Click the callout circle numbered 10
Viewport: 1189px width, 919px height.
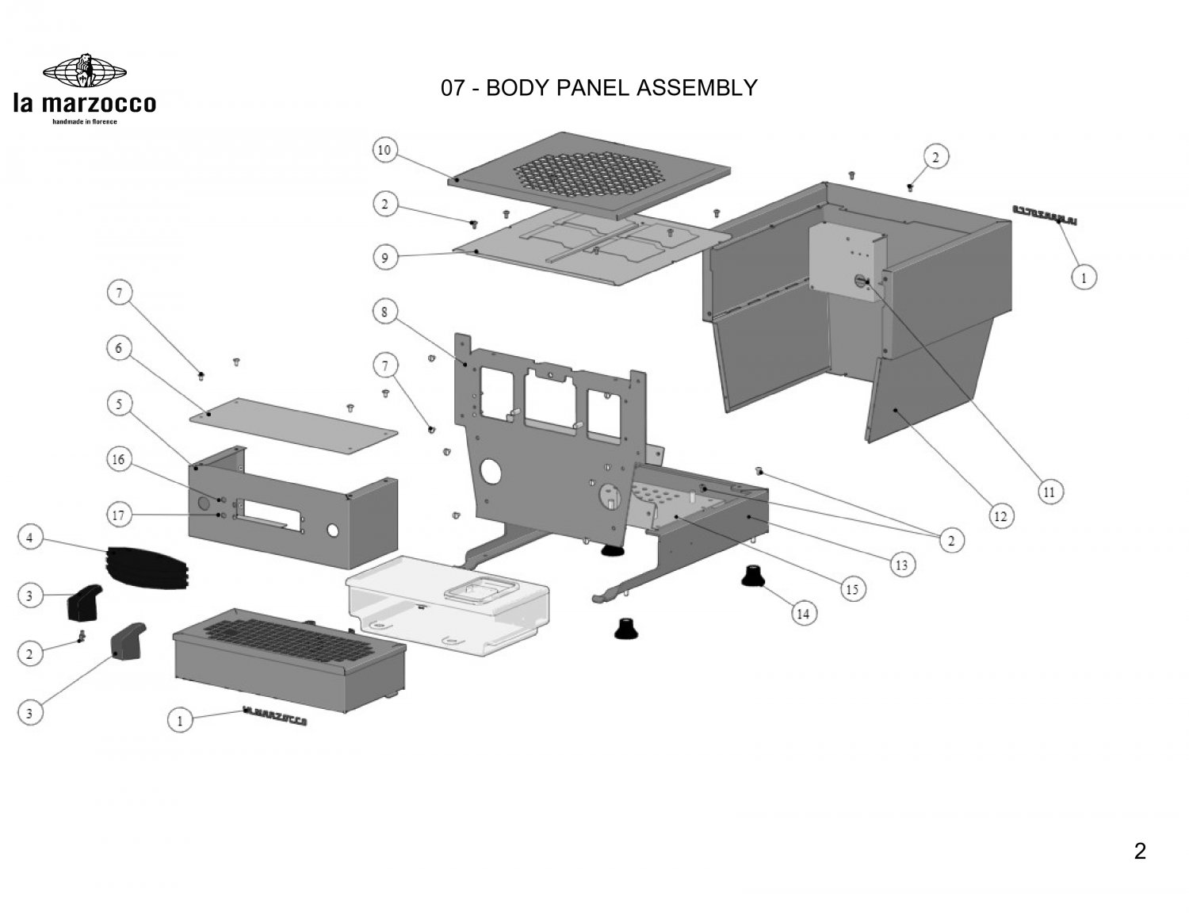(x=384, y=150)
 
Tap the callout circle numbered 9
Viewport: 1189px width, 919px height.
(x=384, y=258)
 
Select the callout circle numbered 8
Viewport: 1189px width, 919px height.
(x=384, y=312)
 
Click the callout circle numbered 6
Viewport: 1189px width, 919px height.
(x=119, y=348)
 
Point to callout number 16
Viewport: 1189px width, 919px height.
(x=119, y=461)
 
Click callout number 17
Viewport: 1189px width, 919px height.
(x=119, y=516)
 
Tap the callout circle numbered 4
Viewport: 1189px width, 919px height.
(x=29, y=538)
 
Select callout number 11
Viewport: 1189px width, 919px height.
(x=1049, y=492)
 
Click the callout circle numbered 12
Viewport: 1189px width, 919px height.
(x=1000, y=517)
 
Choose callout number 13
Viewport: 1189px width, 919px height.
(x=901, y=565)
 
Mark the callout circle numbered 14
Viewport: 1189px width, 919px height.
(x=804, y=613)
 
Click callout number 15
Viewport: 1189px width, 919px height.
(x=853, y=589)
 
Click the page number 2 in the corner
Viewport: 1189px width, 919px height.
(x=1140, y=852)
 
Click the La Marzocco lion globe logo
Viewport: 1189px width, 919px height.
(x=84, y=70)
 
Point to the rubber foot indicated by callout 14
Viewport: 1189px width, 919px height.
(x=751, y=576)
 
